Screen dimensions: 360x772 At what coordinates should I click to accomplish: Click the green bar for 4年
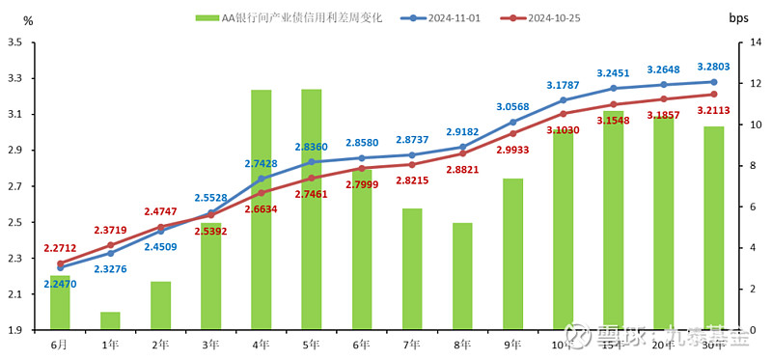261,209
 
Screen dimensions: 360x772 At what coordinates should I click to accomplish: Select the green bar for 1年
110,320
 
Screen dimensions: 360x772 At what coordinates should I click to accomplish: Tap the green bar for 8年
462,276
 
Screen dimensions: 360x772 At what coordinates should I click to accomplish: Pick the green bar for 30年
713,228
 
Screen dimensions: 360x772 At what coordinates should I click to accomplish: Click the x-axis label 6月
60,345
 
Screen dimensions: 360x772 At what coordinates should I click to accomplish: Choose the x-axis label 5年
311,345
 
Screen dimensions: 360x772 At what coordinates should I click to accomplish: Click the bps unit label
739,18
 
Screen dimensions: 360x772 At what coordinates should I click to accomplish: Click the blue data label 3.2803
714,67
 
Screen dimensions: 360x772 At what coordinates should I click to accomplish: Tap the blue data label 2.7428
261,164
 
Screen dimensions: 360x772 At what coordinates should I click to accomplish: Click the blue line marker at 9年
512,123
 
